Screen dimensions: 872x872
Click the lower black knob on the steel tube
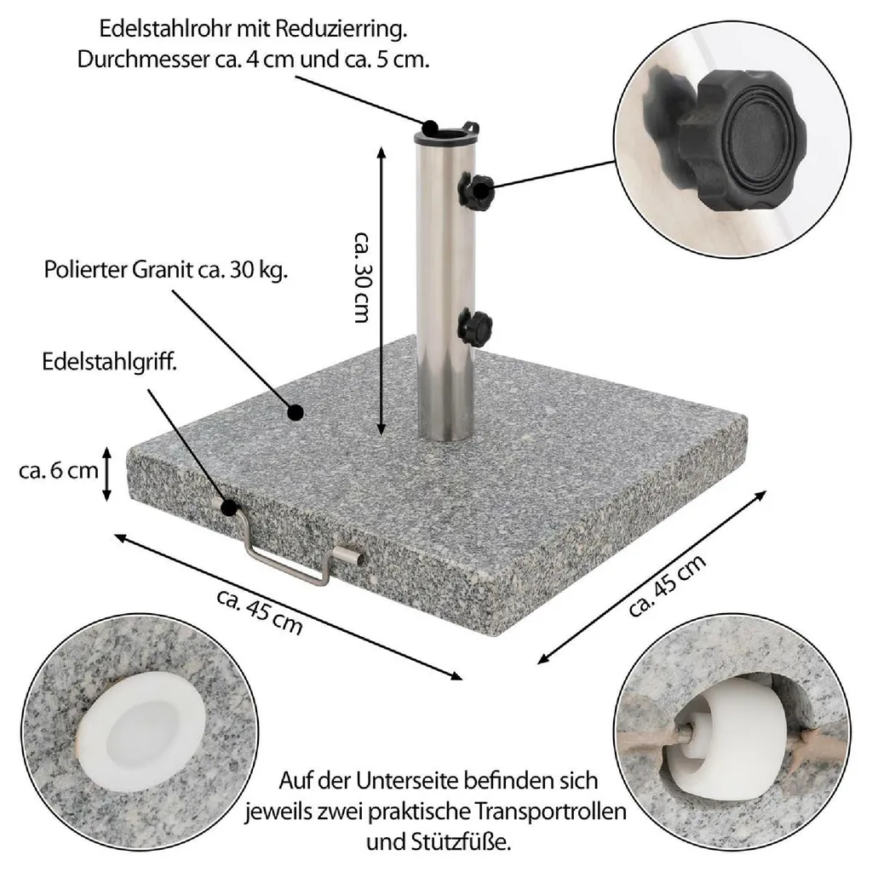[x=475, y=326]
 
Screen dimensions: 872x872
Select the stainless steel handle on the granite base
[x=298, y=562]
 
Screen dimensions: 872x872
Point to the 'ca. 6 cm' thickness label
[x=58, y=470]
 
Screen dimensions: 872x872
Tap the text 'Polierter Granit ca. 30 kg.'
[x=167, y=271]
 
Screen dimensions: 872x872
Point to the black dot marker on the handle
[x=229, y=508]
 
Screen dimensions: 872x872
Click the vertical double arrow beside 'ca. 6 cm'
[x=107, y=473]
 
